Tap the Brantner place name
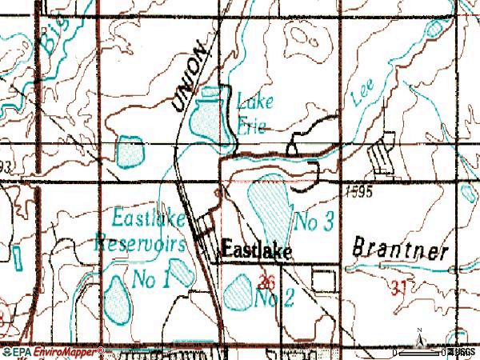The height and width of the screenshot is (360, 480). pos(400,249)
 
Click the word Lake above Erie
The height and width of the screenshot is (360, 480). pos(254,102)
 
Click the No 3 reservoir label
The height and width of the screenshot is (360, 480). pos(314,223)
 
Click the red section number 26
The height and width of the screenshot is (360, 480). pos(268,282)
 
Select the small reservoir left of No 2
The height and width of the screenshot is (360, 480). pos(238,293)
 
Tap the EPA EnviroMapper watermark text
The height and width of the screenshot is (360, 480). pos(53,351)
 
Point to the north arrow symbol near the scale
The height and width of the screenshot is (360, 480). pos(418,340)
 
